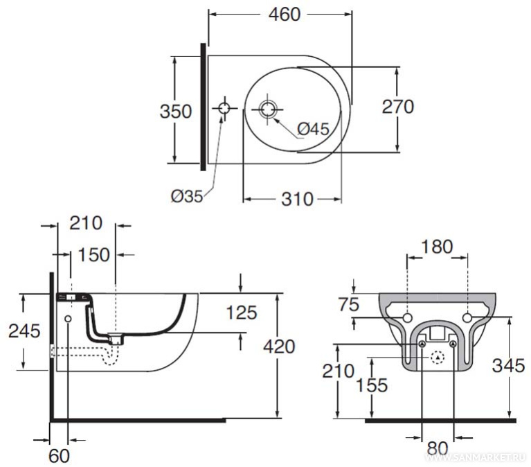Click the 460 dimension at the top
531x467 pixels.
tap(285, 15)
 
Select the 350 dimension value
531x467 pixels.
tap(175, 111)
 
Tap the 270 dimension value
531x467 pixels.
tap(398, 107)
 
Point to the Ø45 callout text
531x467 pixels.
tap(313, 129)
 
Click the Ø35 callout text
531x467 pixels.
tap(187, 196)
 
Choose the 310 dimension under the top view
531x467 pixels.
tap(297, 199)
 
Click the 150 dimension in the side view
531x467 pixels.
tap(93, 254)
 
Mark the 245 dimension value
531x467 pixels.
tap(24, 331)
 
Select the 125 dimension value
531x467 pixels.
tap(242, 312)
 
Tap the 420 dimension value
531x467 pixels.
tap(280, 346)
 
